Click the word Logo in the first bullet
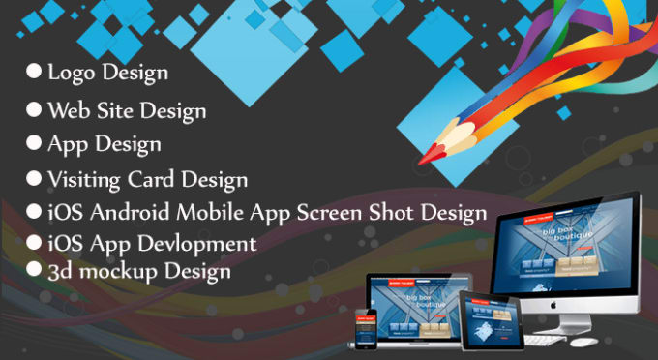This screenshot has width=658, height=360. (71, 73)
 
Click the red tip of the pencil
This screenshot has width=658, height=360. (425, 156)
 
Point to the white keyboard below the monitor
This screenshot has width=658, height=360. (543, 338)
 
